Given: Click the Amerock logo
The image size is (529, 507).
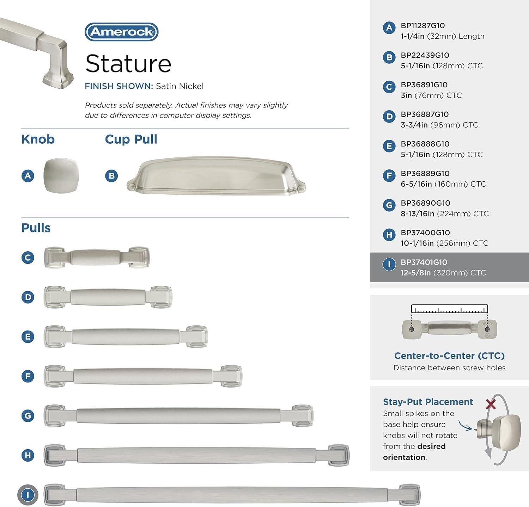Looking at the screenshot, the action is pos(121,32).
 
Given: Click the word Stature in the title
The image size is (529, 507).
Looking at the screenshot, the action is pos(128,64).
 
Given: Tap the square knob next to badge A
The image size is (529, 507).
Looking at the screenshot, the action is pos(61,175).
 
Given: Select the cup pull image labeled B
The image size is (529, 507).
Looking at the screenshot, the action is pos(216,176).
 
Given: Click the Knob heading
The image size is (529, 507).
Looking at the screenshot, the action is pos(38,139).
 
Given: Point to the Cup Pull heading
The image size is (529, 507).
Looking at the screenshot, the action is pos(131,139).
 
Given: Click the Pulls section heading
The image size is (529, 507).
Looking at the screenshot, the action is pos(36,228).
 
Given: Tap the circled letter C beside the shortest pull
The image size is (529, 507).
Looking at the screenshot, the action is pos(28,257).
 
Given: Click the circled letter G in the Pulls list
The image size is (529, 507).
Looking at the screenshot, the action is pos(28,415).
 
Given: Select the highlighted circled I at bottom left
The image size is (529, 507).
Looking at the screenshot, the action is pos(28,495).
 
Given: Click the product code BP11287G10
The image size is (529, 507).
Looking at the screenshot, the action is pos(422,26).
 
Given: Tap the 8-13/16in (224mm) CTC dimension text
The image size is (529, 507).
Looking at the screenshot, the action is pos(445,214).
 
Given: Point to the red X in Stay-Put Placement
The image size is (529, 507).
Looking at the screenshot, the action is pos(491,404).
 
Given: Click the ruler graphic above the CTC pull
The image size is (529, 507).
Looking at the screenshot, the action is pos(449,309).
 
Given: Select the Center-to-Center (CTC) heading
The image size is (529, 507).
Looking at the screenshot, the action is pos(449,356).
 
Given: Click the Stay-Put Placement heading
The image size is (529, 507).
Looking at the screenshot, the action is pos(428,402).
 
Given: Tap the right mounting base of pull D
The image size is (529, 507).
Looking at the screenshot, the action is pos(161,297).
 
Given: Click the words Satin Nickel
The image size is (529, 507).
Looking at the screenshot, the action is pos(180,86).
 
